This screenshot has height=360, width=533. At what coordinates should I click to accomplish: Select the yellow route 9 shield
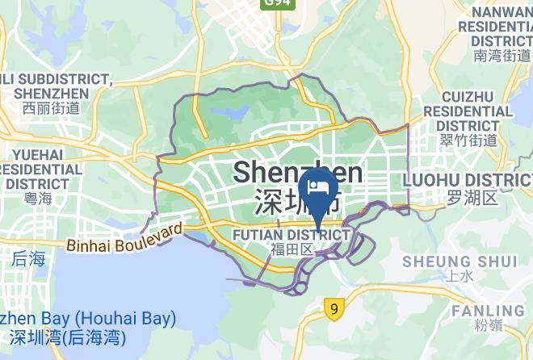(x=333, y=308)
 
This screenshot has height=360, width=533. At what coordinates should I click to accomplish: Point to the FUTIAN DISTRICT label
(x=292, y=234)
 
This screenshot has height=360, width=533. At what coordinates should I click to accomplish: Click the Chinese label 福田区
(x=292, y=249)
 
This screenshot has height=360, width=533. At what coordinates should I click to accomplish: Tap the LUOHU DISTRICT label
(x=467, y=178)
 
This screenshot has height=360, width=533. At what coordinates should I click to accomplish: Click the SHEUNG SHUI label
(x=460, y=261)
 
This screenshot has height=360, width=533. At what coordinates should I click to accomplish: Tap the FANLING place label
(x=487, y=311)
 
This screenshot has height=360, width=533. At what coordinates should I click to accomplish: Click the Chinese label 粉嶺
(x=491, y=326)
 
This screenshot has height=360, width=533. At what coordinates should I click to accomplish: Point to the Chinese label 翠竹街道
(x=468, y=140)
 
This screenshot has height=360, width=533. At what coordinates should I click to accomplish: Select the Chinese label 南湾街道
(x=502, y=56)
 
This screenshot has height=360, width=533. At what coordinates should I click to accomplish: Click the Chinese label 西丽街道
(x=50, y=107)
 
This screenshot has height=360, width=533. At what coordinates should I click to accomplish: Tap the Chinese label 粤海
(x=37, y=199)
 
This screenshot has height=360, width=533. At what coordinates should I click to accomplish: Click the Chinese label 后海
(x=29, y=259)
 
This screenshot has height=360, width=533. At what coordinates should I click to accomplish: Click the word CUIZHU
(x=468, y=97)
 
